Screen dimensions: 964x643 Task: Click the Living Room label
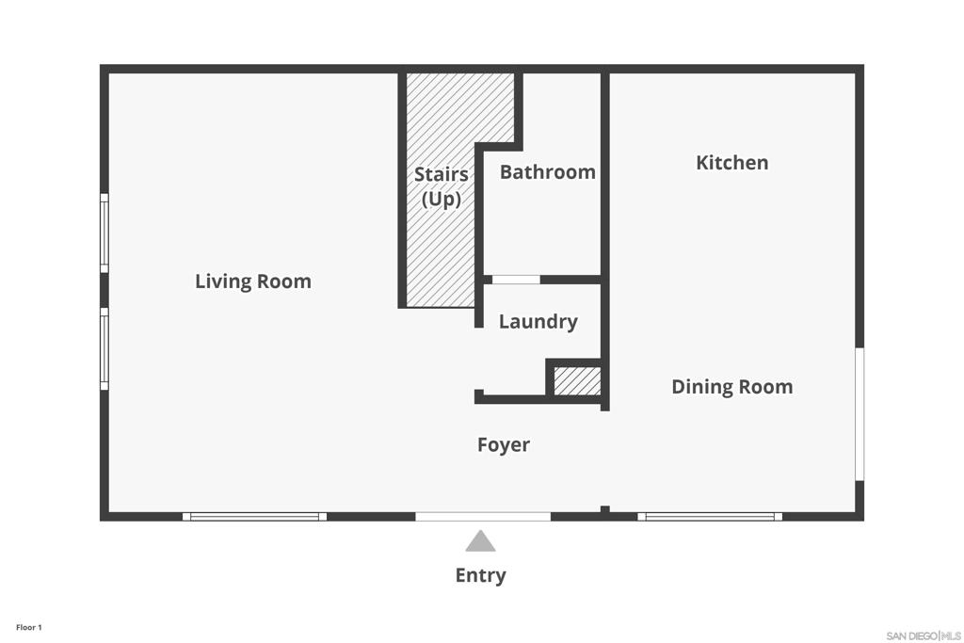coord(252,281)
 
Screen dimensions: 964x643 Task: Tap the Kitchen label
coord(731,163)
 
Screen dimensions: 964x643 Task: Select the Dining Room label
coord(731,387)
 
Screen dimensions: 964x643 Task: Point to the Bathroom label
coord(547,172)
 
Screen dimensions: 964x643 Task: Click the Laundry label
coord(538,322)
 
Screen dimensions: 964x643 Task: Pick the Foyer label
coord(503,445)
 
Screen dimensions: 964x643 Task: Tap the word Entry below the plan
coord(480,575)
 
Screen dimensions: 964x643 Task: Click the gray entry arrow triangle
coord(480,541)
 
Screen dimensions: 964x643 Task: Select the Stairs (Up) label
coord(441,186)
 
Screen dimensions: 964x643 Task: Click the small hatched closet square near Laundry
coord(577,381)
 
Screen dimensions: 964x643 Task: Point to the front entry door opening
coord(483,517)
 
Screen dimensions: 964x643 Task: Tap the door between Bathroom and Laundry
coord(516,280)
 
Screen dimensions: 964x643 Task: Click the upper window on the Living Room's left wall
coord(104,233)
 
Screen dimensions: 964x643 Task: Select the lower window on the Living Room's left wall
coord(104,348)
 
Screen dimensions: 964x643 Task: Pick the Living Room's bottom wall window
coord(254,517)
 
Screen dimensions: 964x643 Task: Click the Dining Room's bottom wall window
coord(710,517)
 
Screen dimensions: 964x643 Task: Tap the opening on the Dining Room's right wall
coord(860,414)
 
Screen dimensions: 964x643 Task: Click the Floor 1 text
coord(29,628)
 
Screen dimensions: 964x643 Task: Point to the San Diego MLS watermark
coord(924,635)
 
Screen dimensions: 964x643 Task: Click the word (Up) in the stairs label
coord(441,199)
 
